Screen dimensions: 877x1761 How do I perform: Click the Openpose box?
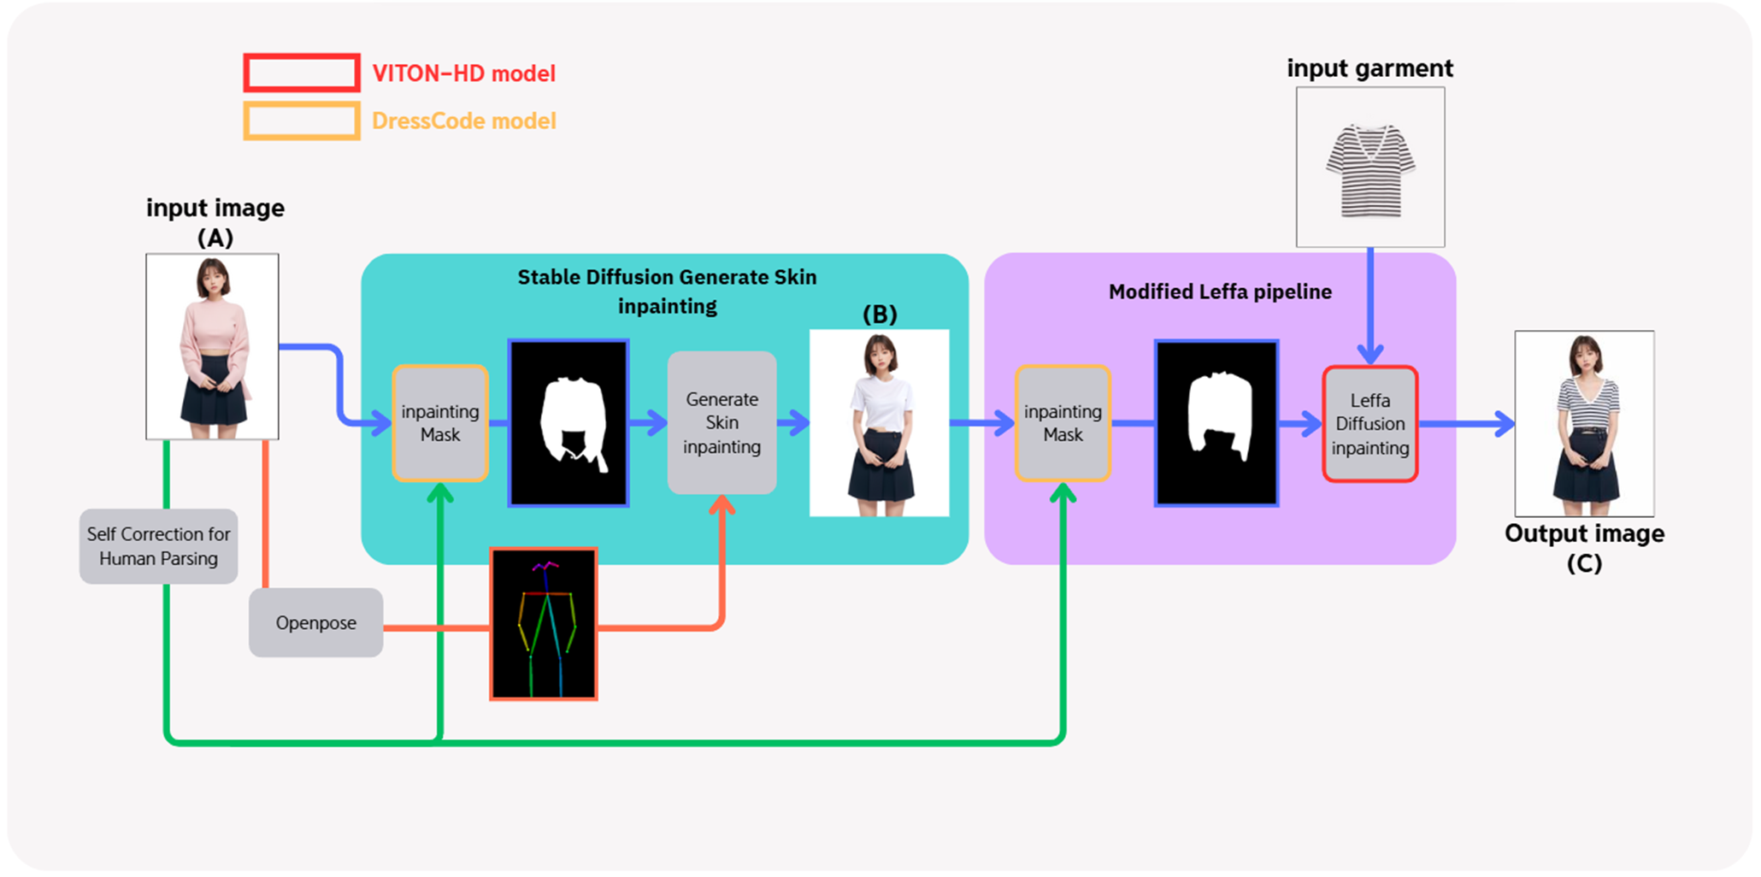[315, 622]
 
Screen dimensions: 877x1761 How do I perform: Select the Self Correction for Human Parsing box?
[158, 546]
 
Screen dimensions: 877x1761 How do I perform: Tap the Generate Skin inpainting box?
[721, 422]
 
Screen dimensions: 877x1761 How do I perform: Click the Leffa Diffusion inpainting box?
[1369, 424]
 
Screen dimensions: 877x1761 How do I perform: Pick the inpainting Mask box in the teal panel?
[439, 423]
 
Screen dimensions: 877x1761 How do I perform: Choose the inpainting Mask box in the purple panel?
[1063, 423]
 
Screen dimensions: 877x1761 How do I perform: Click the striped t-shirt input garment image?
[1369, 168]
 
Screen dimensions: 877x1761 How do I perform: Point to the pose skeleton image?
[544, 624]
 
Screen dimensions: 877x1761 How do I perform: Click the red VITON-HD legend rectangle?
[301, 74]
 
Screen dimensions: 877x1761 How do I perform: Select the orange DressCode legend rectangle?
[301, 121]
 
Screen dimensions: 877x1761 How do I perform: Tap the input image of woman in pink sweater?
[212, 346]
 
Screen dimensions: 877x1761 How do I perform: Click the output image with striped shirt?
[1584, 424]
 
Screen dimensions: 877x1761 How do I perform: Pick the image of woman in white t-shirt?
[879, 423]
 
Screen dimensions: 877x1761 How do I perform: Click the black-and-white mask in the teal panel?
[568, 423]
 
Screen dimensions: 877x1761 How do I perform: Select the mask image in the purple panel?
[1216, 423]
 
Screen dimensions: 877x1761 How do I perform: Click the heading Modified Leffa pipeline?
[1220, 291]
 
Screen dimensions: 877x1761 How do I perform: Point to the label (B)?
[880, 315]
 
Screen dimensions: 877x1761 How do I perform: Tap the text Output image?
[1584, 533]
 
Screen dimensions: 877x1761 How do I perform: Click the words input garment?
[1369, 68]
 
